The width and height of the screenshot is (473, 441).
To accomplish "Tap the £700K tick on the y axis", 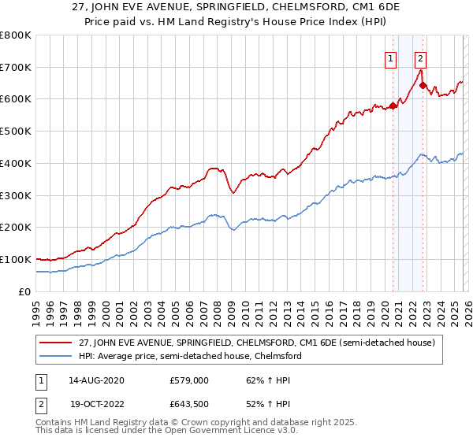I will (16, 67).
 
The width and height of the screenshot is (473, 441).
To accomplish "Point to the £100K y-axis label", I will (16, 259).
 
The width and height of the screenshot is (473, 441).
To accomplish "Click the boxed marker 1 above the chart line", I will (391, 57).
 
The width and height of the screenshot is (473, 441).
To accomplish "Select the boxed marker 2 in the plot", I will (421, 57).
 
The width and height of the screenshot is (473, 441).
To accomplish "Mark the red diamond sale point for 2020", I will (393, 106).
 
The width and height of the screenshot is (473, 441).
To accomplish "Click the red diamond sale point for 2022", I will (423, 86).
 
